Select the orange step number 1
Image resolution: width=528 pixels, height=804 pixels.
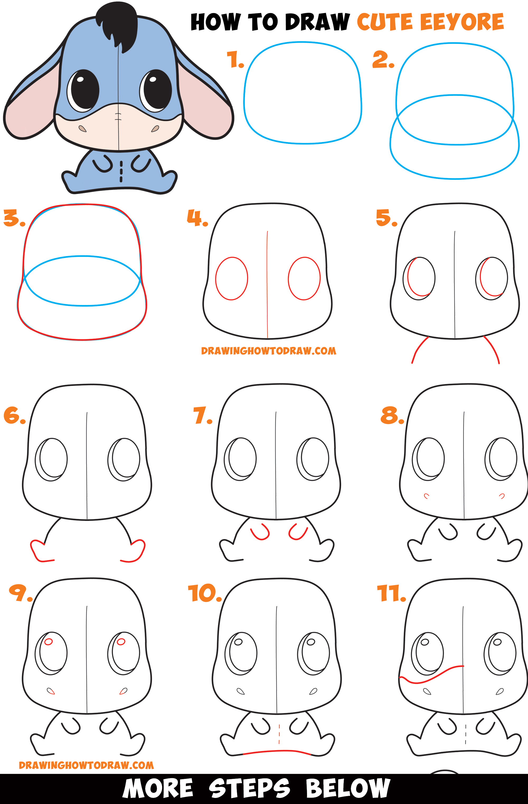point(235,60)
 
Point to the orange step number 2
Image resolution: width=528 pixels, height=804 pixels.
point(383,59)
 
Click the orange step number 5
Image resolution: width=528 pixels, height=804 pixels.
point(386,218)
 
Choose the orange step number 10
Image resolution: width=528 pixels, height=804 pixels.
point(204,593)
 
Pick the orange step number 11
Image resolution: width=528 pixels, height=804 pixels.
point(391,594)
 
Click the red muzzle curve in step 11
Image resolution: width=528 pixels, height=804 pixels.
point(432,676)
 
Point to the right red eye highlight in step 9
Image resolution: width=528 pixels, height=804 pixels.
point(121,642)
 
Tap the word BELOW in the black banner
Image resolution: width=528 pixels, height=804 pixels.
point(348,788)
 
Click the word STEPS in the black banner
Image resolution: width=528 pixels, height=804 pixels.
point(249,788)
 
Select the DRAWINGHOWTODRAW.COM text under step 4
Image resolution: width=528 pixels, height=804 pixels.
point(268,351)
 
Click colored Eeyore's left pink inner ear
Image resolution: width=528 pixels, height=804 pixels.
point(29,108)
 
